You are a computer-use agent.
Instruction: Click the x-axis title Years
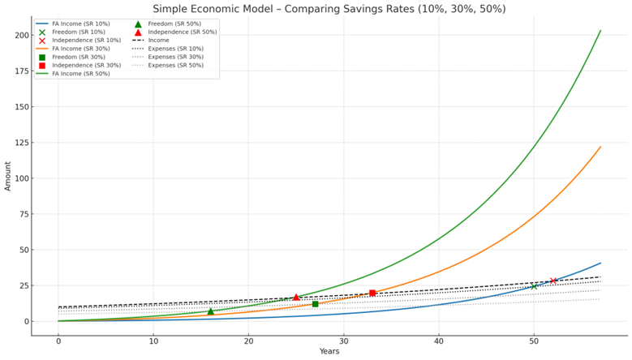coord(329,351)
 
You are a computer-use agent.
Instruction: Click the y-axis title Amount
coord(8,176)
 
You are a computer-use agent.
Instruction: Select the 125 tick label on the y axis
coord(22,143)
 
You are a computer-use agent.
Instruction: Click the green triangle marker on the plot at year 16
coord(210,311)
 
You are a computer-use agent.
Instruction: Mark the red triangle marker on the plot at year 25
coord(296,297)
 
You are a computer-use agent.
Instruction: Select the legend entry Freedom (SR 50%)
coord(174,24)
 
